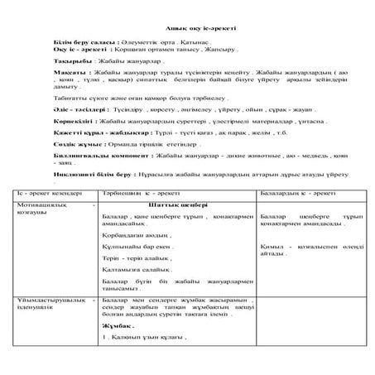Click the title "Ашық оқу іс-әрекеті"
click(186, 29)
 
